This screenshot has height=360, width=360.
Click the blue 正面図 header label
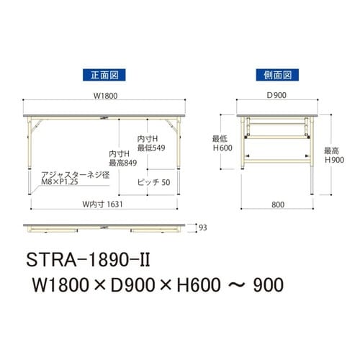pyautogui.click(x=99, y=73)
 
